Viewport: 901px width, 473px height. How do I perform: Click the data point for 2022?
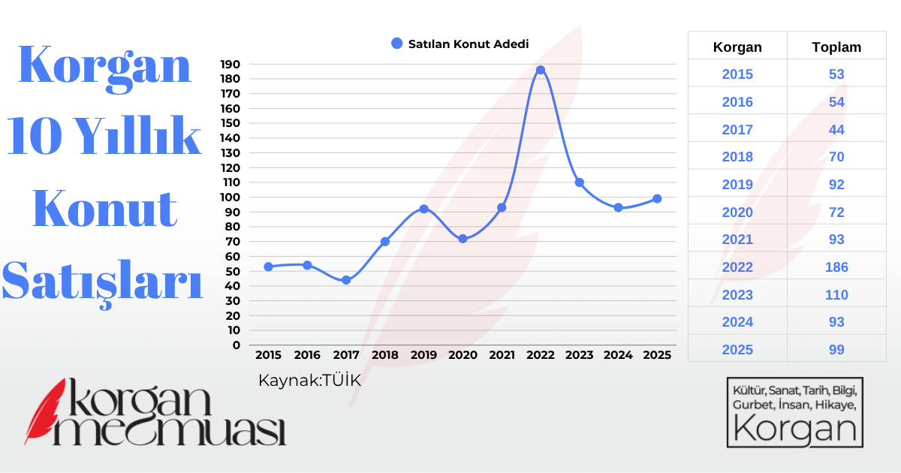[x=540, y=70]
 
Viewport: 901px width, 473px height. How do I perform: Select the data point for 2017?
[x=346, y=280]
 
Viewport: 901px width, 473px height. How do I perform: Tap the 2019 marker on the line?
[x=423, y=209]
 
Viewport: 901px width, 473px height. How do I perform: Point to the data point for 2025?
[x=657, y=199]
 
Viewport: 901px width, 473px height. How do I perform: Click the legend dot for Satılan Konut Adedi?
[x=397, y=44]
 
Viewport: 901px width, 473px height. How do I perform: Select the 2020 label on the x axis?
[x=463, y=354]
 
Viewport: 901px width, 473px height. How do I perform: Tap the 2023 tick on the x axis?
[x=579, y=354]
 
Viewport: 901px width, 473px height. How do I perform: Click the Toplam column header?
[x=836, y=47]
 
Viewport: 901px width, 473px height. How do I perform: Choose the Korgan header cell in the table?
[x=737, y=47]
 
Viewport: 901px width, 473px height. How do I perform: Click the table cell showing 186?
[x=836, y=267]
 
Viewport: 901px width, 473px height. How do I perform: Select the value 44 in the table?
[x=836, y=130]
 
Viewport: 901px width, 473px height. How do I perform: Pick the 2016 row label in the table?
[x=737, y=102]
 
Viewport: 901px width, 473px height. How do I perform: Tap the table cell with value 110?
[x=836, y=295]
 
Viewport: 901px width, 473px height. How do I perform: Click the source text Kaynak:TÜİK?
[x=309, y=381]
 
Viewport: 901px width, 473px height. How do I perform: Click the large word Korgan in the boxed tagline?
[x=795, y=429]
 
